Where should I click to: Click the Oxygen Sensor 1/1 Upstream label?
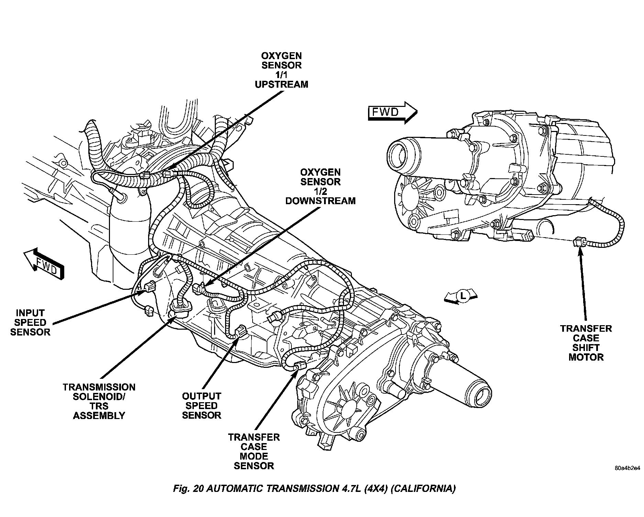(281, 70)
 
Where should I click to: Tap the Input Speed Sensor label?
(30, 322)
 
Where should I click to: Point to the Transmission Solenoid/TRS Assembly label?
(99, 401)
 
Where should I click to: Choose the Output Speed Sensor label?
(201, 406)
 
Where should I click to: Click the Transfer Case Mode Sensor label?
(254, 452)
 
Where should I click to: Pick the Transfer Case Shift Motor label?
(586, 343)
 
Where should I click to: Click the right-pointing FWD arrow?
(392, 112)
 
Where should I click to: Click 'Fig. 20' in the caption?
(188, 489)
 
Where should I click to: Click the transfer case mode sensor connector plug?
(300, 365)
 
